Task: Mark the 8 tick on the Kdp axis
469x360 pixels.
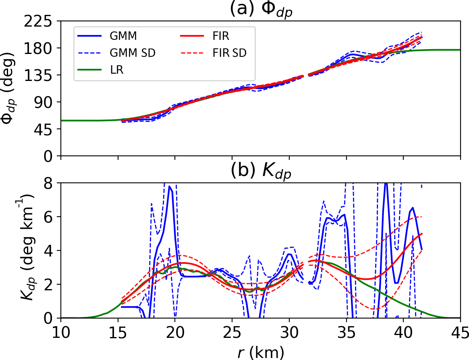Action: click(x=50, y=183)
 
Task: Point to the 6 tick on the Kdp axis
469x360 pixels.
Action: click(x=50, y=217)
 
